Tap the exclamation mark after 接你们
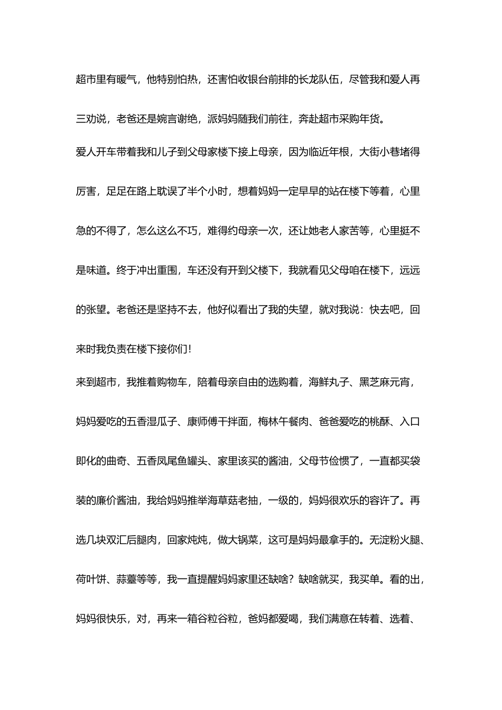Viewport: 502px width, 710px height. coord(189,349)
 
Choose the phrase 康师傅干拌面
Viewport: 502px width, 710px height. coord(217,422)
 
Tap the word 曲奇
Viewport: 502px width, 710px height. coord(117,461)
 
